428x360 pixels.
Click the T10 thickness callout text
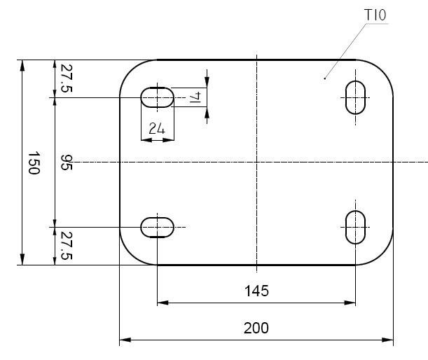(375, 15)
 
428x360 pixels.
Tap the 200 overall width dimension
(256, 328)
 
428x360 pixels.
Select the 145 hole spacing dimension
(256, 291)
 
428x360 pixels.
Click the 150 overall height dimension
(34, 163)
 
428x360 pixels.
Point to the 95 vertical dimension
(67, 162)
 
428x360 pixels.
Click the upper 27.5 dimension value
(67, 78)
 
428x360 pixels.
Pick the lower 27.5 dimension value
(67, 246)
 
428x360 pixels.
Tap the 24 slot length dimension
(157, 128)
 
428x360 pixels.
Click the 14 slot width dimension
(195, 97)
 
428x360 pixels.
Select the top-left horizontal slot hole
(157, 97)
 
